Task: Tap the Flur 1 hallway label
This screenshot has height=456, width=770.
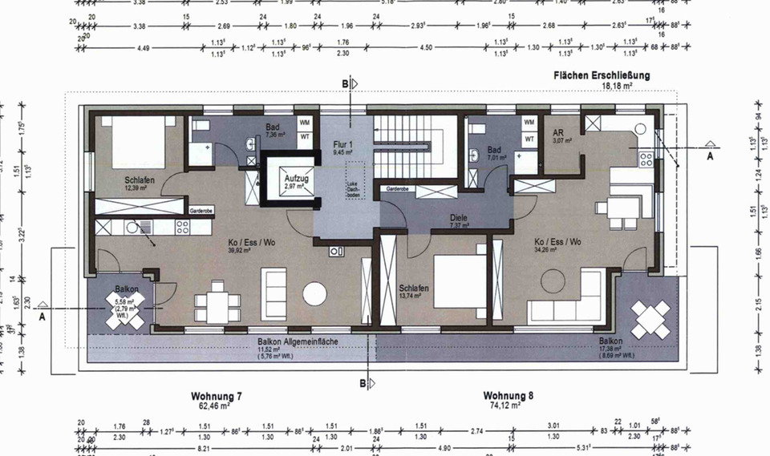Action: point(343,145)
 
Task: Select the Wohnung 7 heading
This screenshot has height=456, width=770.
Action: point(217,397)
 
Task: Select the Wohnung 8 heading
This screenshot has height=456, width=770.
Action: point(509,397)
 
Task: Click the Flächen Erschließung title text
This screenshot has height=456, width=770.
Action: point(601,75)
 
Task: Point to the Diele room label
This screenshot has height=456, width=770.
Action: point(458,217)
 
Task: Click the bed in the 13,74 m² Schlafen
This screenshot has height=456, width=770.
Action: point(462,281)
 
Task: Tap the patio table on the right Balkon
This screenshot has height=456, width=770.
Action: point(650,320)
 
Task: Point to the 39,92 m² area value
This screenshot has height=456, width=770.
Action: point(240,249)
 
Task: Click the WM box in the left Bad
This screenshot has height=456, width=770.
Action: point(305,123)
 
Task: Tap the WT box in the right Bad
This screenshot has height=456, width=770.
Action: point(529,139)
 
